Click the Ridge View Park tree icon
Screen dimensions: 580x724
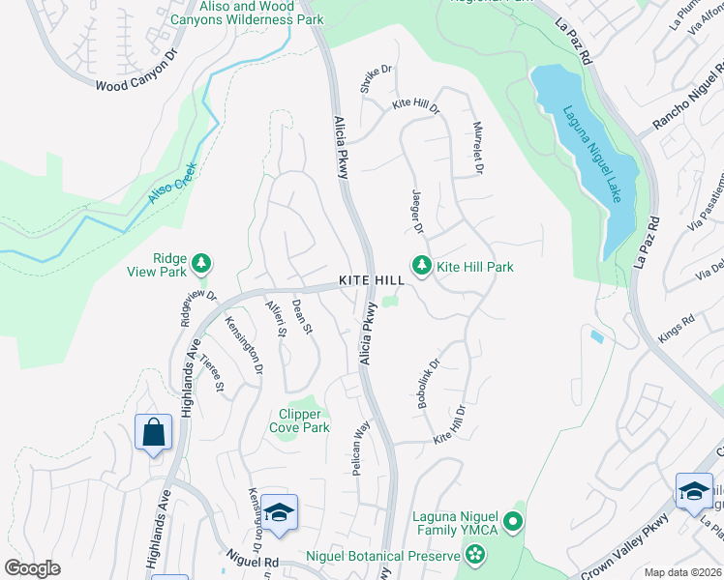coord(201,263)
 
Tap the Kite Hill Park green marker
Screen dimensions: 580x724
coord(421,265)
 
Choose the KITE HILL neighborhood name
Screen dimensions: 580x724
coord(371,280)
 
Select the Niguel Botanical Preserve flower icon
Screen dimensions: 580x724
coord(474,555)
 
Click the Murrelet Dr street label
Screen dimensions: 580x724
coord(477,147)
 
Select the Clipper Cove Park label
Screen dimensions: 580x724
coord(305,421)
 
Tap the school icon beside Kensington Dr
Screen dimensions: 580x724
coord(279,511)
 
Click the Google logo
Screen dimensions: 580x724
coord(32,569)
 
